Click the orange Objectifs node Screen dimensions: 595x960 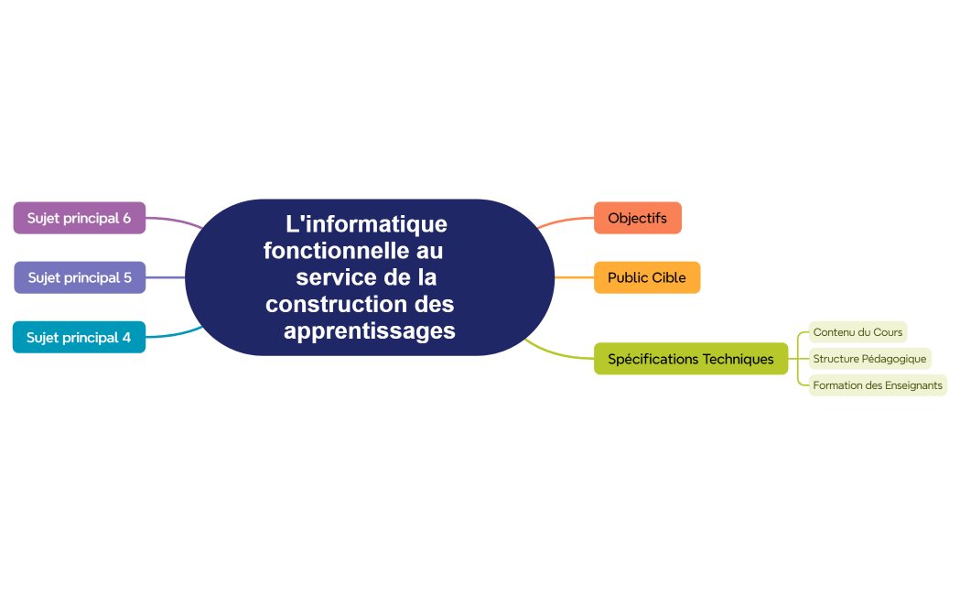637,218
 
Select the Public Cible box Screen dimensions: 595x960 646,277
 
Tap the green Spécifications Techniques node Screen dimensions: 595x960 690,359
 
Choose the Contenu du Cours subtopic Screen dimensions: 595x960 858,332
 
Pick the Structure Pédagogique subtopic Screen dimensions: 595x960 869,359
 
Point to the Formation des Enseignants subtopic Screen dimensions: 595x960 877,385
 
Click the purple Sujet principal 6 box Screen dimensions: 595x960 79,218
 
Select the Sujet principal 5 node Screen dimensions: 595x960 80,277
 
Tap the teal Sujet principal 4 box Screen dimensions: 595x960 79,337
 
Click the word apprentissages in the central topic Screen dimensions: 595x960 369,330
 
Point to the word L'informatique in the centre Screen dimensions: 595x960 366,224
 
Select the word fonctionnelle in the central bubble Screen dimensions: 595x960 337,250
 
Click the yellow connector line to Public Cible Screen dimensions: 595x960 574,277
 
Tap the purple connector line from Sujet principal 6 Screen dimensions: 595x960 174,220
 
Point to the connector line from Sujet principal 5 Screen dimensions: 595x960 166,277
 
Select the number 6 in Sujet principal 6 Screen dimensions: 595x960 126,218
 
